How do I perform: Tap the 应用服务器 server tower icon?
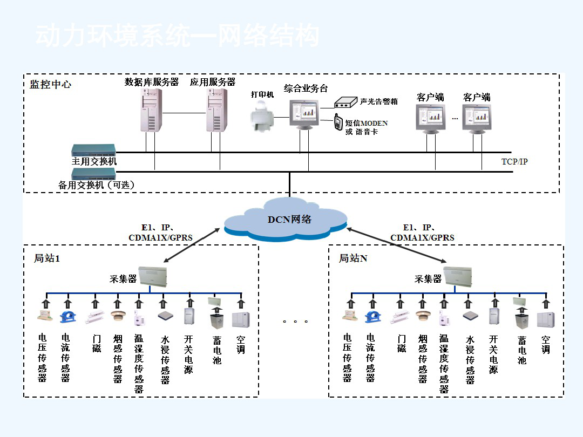point(216,110)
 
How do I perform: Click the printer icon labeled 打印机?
point(263,117)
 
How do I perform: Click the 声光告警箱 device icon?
point(345,101)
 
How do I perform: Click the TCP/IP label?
point(514,161)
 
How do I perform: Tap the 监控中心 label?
point(50,85)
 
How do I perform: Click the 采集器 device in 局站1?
point(153,276)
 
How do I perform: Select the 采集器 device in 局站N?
point(458,276)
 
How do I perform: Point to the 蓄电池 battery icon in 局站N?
point(521,320)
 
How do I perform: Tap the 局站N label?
point(353,258)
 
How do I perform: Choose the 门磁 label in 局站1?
point(97,344)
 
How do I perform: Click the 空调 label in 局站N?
point(546,345)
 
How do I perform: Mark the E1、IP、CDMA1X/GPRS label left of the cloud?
point(160,233)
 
